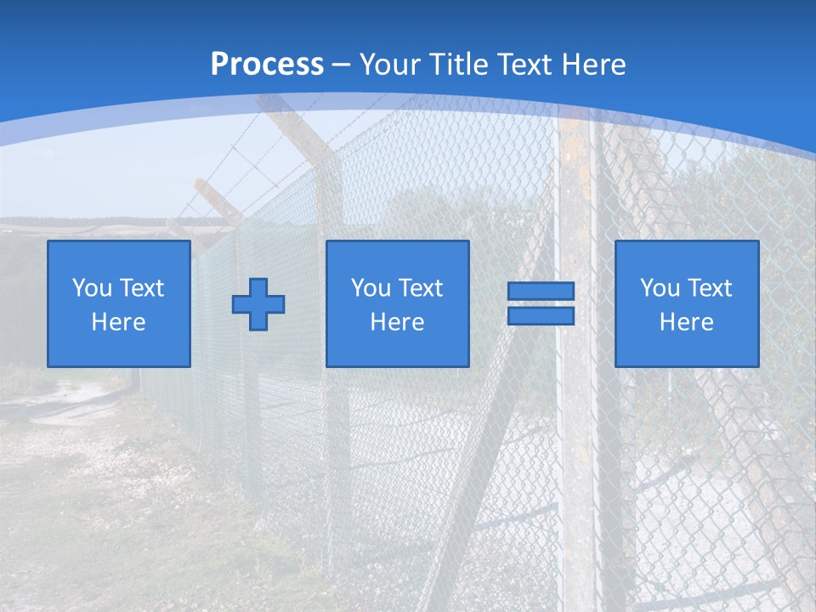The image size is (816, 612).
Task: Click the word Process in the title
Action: (267, 65)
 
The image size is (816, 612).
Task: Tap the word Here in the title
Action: (591, 65)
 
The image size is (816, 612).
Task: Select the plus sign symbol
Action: (258, 303)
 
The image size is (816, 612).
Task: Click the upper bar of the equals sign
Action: (541, 291)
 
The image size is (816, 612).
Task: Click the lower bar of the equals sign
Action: (541, 316)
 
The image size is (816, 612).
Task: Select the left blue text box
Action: (119, 303)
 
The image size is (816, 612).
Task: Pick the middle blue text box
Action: (398, 303)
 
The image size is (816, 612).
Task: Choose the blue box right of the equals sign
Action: (687, 303)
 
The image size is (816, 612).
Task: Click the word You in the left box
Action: (92, 288)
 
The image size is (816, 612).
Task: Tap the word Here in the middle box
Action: (398, 322)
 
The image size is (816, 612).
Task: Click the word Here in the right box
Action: (687, 322)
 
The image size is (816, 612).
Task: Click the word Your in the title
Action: (391, 65)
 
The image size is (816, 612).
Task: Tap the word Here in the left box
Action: (119, 322)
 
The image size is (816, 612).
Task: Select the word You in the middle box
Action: (371, 288)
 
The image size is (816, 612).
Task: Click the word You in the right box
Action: (660, 288)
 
